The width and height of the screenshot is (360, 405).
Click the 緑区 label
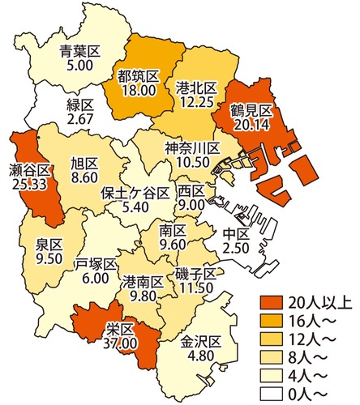coord(81,106)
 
